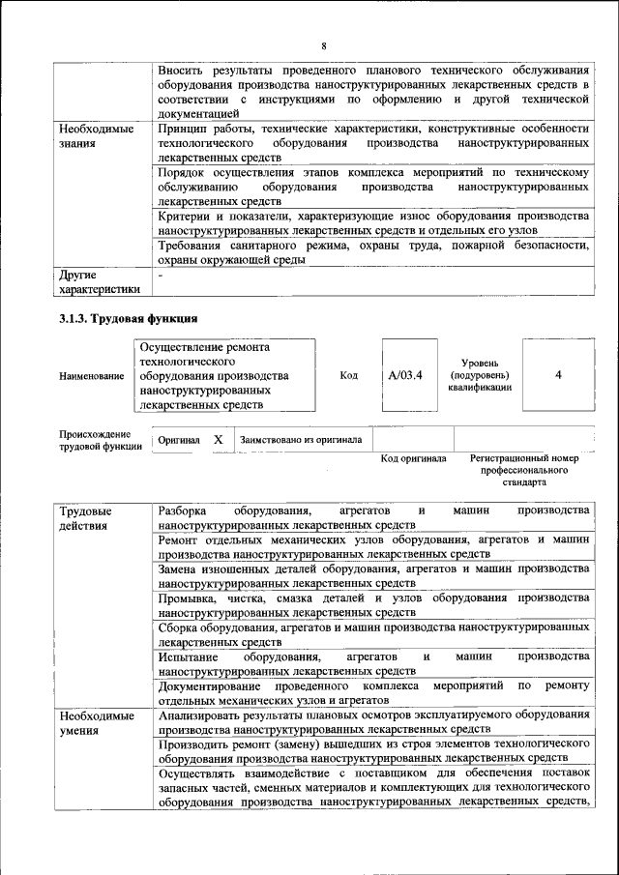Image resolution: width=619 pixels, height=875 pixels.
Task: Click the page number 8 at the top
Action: coord(324,46)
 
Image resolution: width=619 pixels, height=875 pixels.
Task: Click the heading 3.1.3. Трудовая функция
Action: coord(129,317)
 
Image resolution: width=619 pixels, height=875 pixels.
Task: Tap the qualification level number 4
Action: coord(558,375)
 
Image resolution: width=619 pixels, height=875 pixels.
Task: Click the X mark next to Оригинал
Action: coord(219,440)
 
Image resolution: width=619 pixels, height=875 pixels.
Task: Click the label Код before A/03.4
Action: coord(349,375)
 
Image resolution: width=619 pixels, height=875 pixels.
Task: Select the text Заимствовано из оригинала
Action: coord(301,440)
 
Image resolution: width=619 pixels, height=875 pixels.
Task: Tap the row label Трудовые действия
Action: coord(85,518)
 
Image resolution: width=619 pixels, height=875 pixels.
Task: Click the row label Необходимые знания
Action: coord(94,135)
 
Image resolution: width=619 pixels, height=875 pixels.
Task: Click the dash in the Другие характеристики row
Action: coord(161,276)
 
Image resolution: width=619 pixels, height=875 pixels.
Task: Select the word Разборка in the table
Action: coord(182,510)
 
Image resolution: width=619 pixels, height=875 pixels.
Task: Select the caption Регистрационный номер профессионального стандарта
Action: coord(523,469)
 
